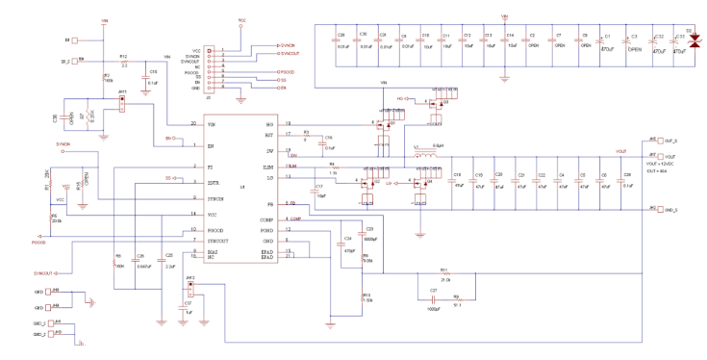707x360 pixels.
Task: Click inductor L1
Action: pyautogui.click(x=423, y=151)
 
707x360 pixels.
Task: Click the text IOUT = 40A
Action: pyautogui.click(x=660, y=170)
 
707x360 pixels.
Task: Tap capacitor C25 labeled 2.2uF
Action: pyautogui.click(x=170, y=260)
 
